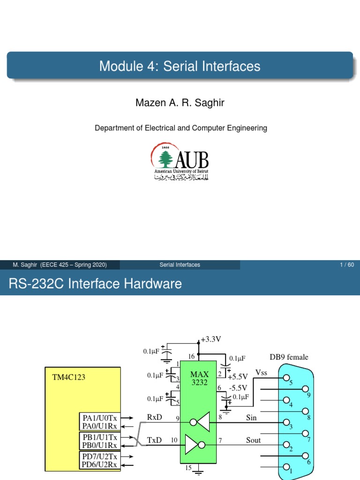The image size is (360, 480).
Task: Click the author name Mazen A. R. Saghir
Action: [x=180, y=103]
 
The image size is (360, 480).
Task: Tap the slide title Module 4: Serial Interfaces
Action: [x=180, y=66]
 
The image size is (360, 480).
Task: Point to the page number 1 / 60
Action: [x=347, y=265]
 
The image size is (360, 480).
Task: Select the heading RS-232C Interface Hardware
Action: [x=95, y=284]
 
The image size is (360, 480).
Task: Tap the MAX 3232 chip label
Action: [x=199, y=378]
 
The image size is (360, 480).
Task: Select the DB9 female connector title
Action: [x=289, y=357]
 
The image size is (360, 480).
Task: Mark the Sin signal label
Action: [x=251, y=418]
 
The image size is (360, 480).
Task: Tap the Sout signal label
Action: [x=253, y=440]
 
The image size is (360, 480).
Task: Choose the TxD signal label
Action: [x=155, y=441]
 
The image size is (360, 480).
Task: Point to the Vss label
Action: [x=262, y=372]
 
